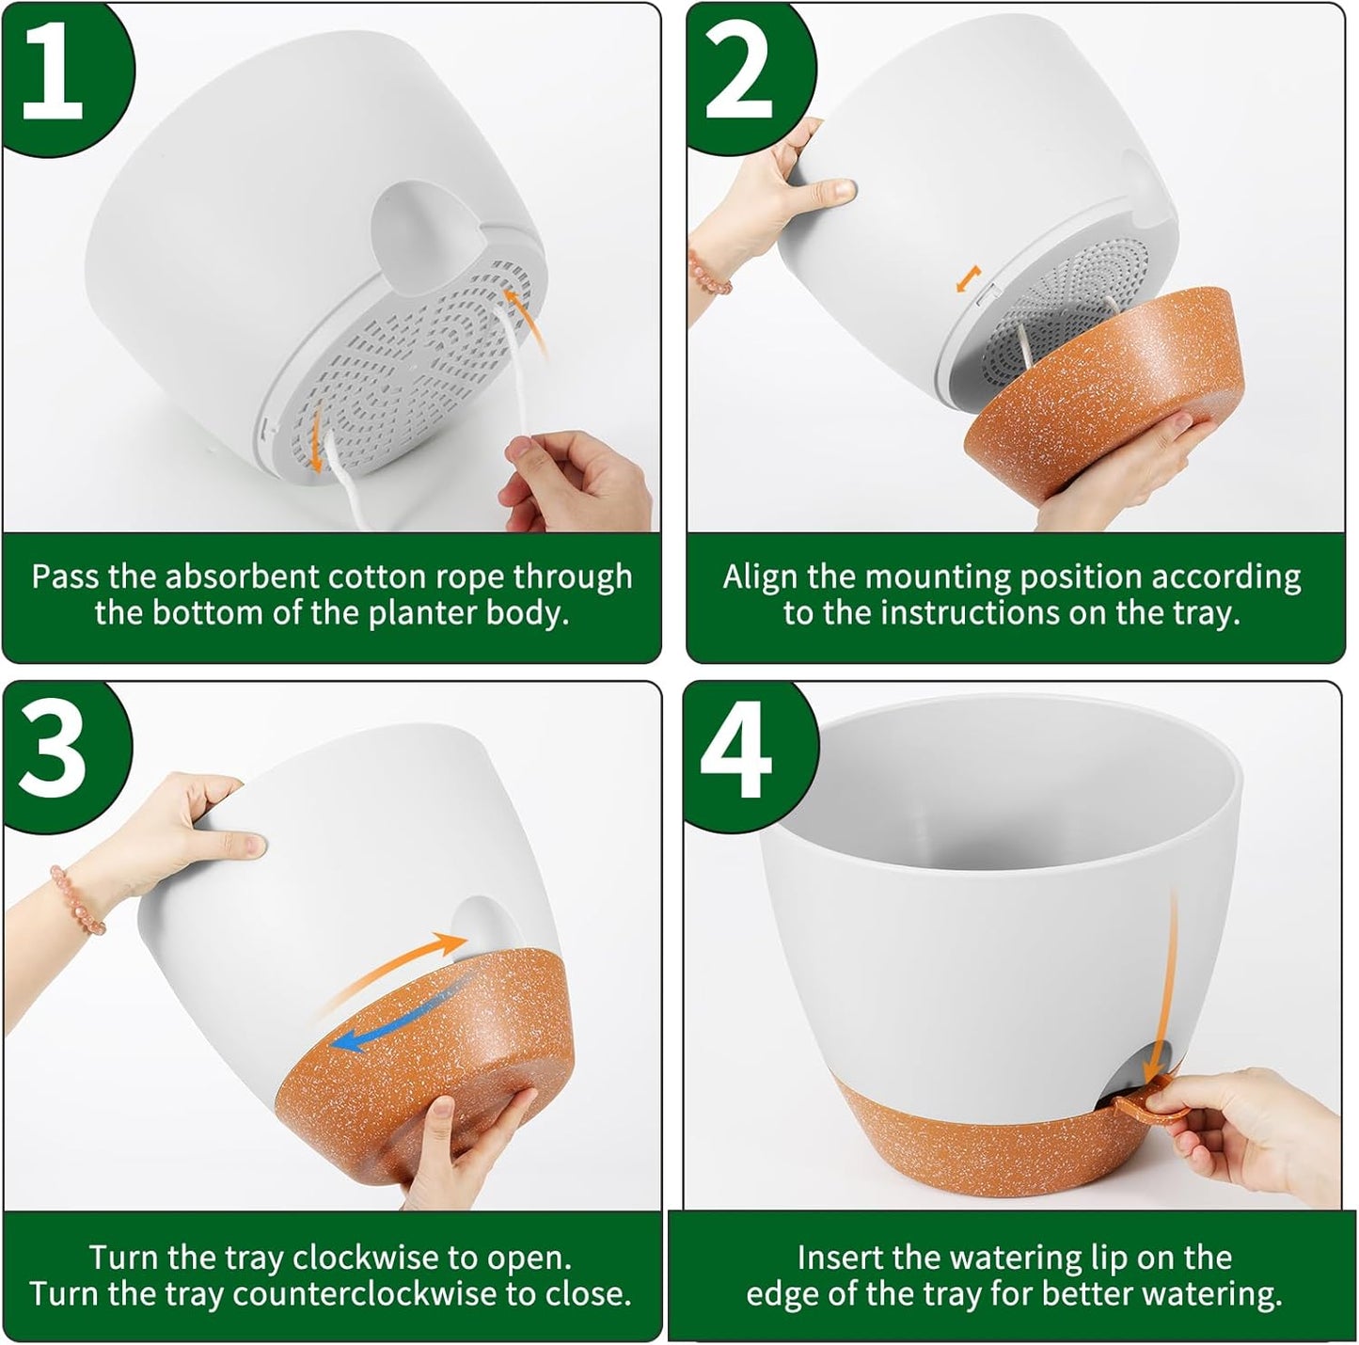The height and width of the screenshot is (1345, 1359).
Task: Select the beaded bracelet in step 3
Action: [80, 900]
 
